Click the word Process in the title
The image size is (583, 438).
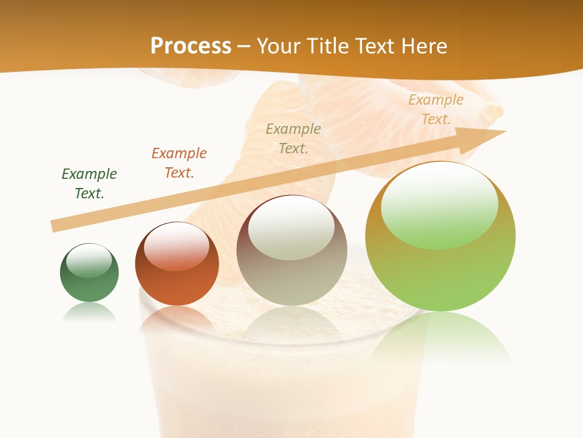coord(191,46)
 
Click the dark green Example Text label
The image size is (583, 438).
coord(89,184)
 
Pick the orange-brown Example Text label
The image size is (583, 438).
coord(179,163)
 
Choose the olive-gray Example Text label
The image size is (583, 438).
coord(293,139)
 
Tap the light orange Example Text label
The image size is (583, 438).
coord(435,109)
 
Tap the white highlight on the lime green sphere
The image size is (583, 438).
coord(439,204)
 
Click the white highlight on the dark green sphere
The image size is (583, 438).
coord(89,260)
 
